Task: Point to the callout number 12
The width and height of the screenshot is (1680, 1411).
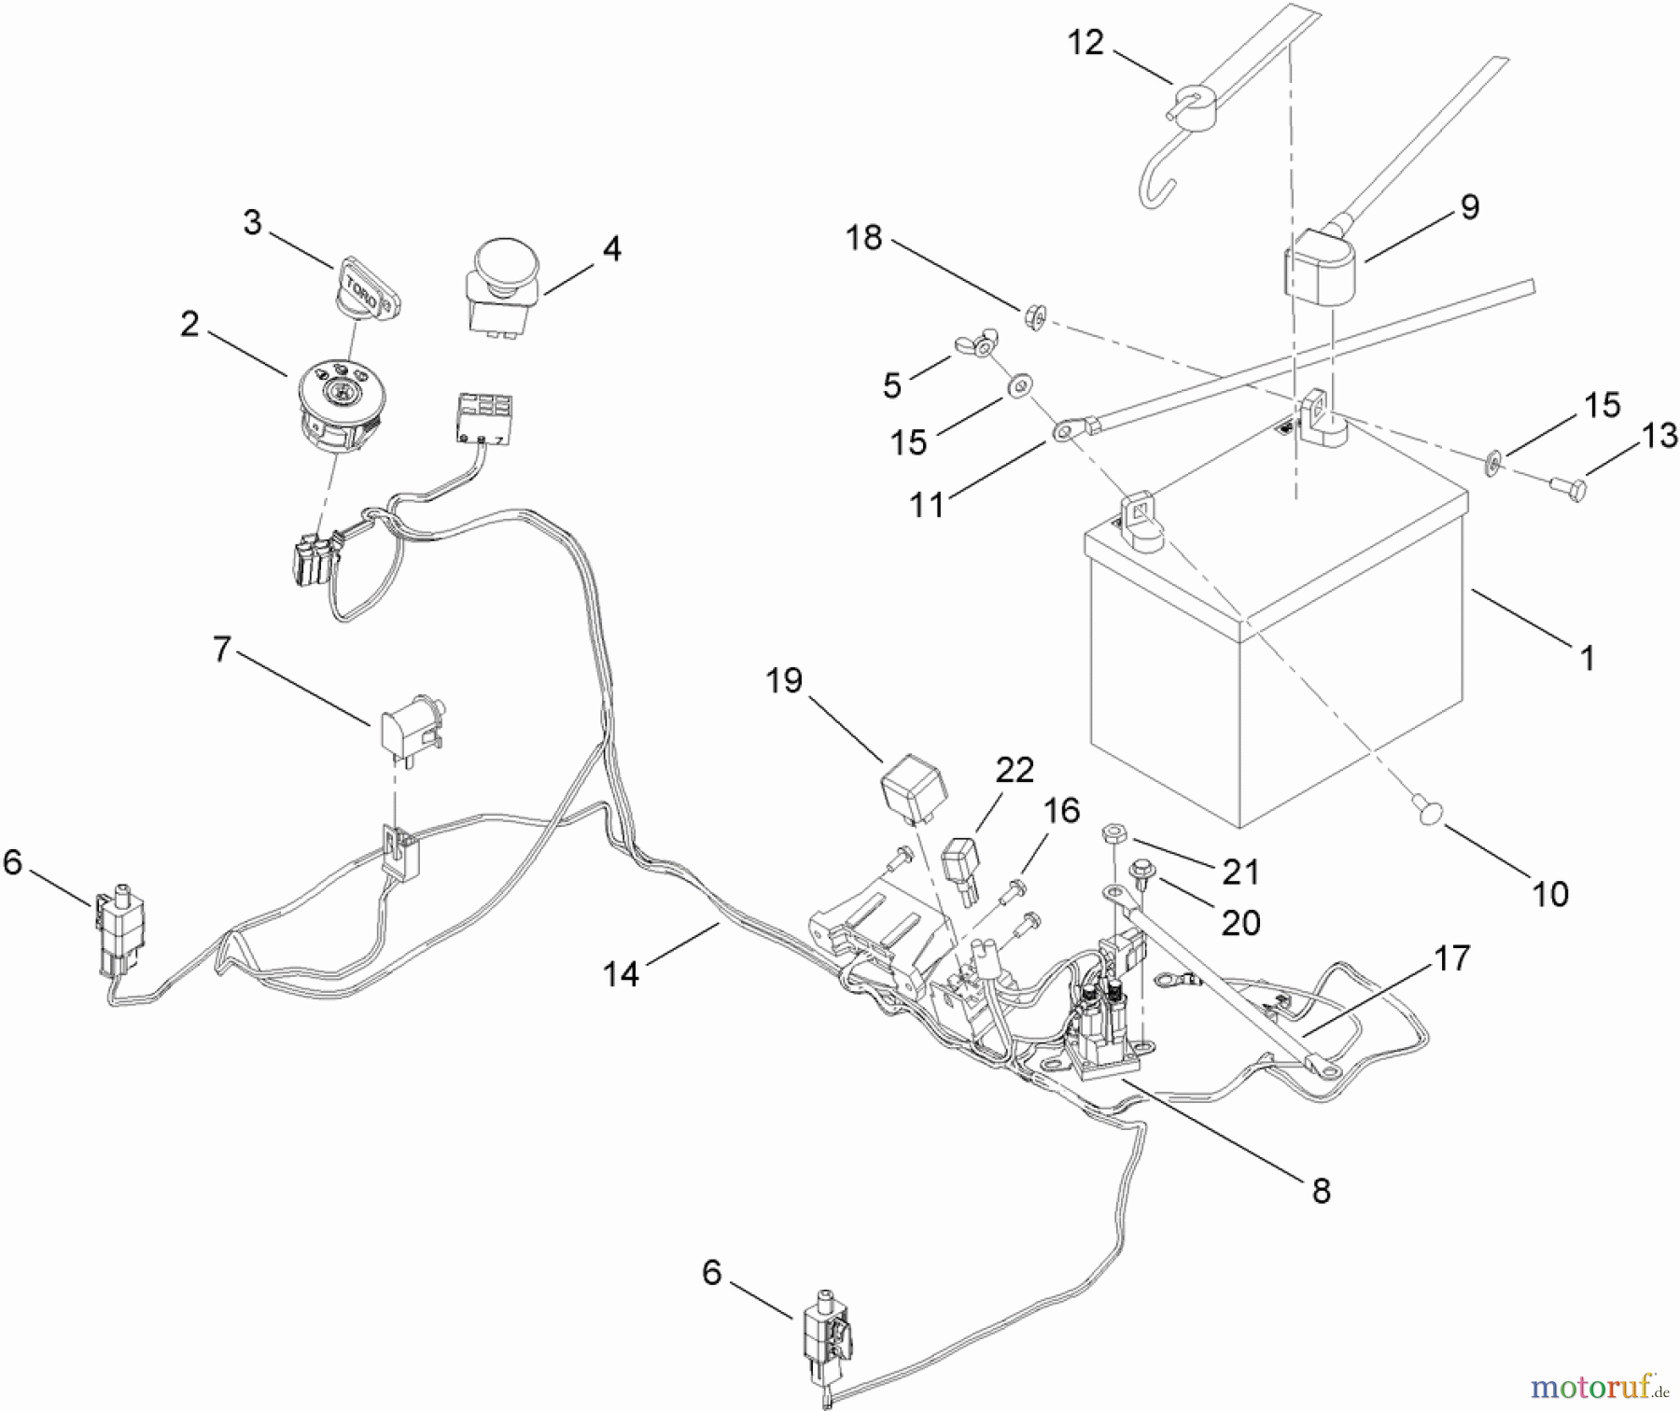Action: (x=1085, y=43)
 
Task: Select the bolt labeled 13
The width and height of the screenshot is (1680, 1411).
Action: (x=1568, y=487)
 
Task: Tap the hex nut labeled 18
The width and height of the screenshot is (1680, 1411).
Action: (x=1034, y=316)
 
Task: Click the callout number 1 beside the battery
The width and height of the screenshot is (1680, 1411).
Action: (x=1587, y=658)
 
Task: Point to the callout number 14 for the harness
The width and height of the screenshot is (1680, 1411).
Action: (x=621, y=973)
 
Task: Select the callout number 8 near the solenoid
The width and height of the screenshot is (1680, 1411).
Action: (x=1320, y=1191)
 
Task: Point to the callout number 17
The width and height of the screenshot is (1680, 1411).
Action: (x=1451, y=957)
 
